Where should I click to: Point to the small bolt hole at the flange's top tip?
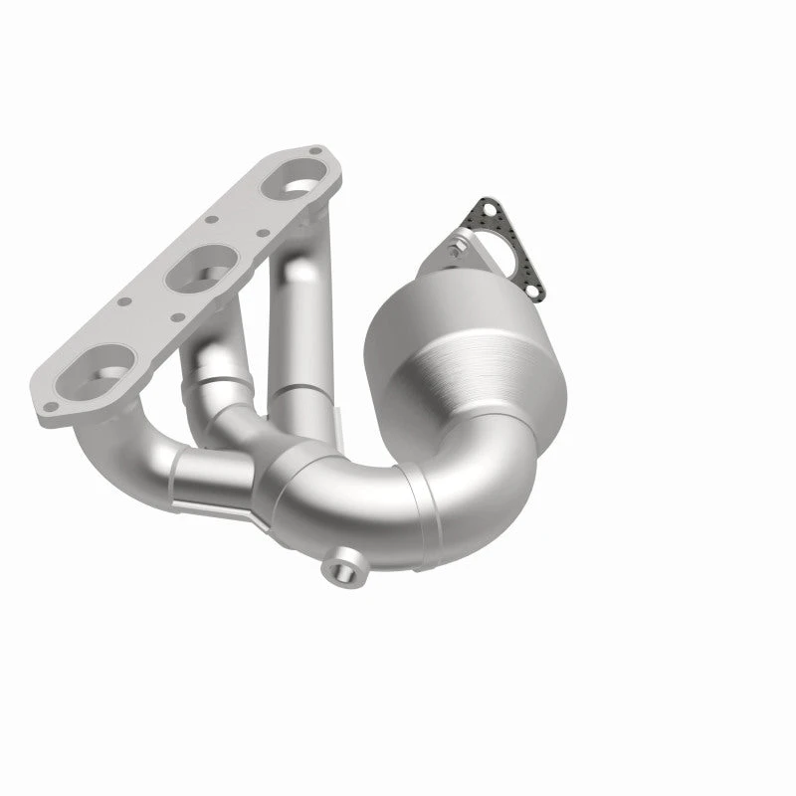point(315,152)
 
